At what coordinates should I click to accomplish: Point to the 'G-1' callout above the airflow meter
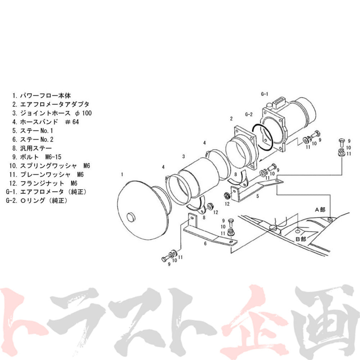coord(265,94)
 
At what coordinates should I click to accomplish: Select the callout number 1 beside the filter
coord(122,175)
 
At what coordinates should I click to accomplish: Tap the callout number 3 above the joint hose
coord(184,157)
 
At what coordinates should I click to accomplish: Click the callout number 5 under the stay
coord(257,197)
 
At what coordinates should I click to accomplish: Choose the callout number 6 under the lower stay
coord(205,244)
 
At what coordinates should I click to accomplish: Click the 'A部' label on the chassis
coord(320,210)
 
